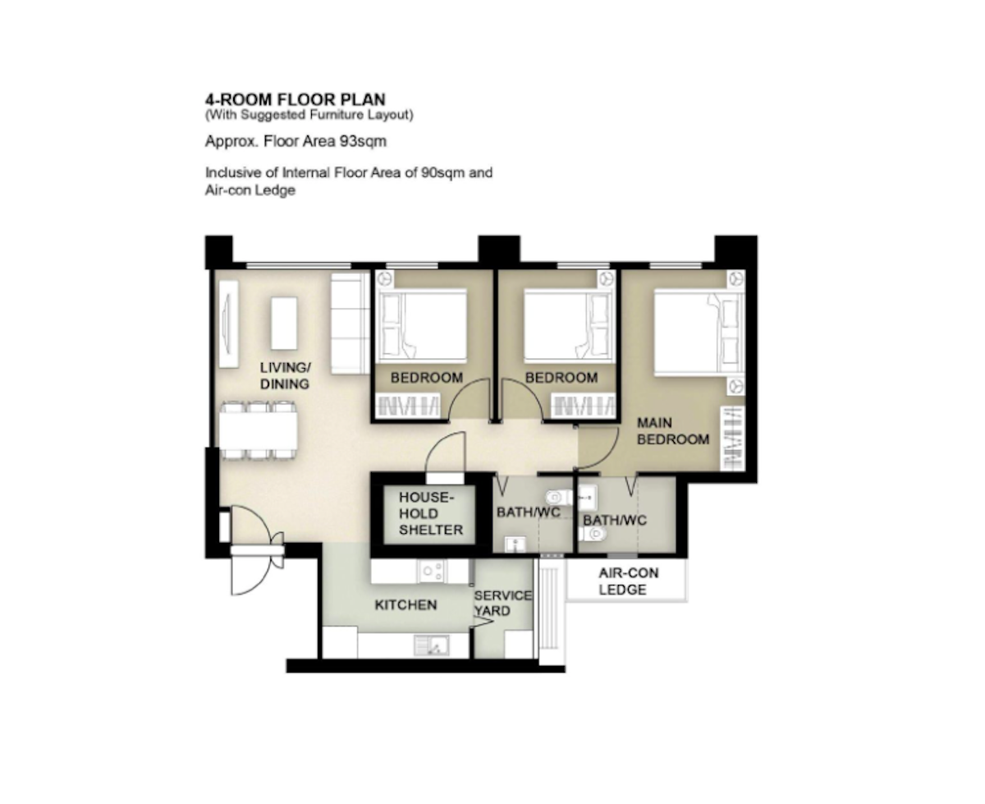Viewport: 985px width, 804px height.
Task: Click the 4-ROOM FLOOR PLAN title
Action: (295, 99)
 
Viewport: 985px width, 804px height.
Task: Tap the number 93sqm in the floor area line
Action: (363, 141)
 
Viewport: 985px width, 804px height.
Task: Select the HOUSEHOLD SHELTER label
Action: (430, 513)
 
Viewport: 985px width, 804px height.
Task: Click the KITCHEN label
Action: (405, 605)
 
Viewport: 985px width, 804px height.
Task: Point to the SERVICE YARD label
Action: (502, 603)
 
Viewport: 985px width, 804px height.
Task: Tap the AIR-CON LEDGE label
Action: (628, 581)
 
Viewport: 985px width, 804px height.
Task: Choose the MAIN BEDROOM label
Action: (672, 431)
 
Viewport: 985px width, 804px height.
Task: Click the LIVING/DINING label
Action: (285, 375)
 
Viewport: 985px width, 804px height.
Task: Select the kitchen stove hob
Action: (432, 571)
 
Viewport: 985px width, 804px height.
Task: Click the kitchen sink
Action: (432, 645)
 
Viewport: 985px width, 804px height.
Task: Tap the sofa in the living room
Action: (350, 324)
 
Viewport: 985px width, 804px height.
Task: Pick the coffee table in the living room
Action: (284, 324)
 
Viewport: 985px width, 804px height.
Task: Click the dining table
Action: (259, 430)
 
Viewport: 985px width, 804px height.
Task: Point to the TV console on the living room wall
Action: (228, 324)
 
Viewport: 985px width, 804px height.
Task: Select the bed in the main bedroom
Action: (699, 332)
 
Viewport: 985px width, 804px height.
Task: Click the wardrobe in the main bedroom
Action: (733, 438)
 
